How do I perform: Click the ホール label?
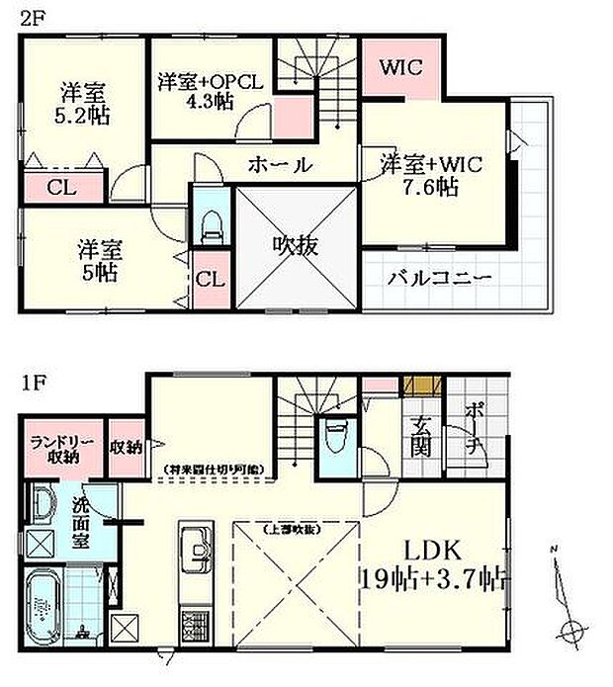(x=280, y=165)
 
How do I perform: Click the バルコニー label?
(x=441, y=279)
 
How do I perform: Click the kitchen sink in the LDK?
(x=194, y=547)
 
